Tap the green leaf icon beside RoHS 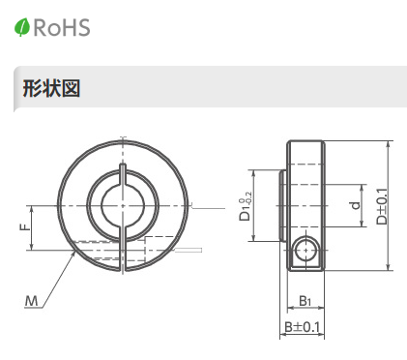22,28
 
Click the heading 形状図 50,89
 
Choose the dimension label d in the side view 355,205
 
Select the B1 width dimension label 305,302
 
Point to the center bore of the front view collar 121,204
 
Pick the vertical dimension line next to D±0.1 390,205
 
